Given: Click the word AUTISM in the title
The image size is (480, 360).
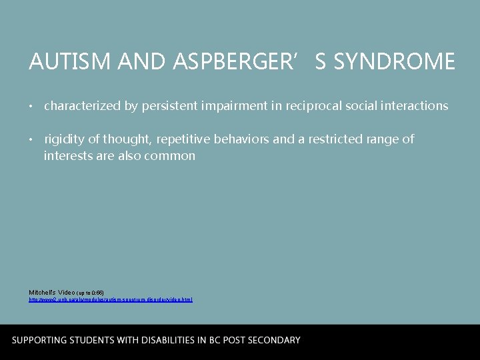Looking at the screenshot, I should (x=60, y=62).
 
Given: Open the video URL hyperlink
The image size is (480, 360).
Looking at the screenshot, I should (x=111, y=300).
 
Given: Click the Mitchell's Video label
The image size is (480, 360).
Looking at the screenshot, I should (x=52, y=292).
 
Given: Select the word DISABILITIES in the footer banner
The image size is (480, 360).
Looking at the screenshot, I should (x=171, y=340).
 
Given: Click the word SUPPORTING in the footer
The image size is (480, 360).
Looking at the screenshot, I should (x=39, y=340).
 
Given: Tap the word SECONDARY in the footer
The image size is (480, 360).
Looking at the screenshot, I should (x=273, y=340).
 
